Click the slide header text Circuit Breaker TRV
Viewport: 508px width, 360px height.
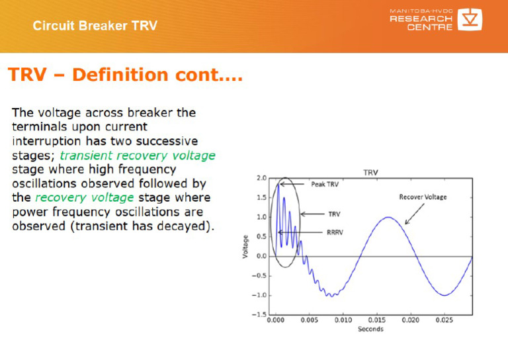(x=95, y=26)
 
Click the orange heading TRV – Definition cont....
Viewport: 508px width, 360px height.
(x=125, y=75)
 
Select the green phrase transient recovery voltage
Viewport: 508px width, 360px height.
(x=138, y=156)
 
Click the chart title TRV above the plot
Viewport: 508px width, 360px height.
(x=371, y=172)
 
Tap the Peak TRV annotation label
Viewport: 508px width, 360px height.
(x=324, y=185)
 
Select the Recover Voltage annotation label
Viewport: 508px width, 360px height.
(x=423, y=197)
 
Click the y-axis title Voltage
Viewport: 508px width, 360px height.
(x=245, y=246)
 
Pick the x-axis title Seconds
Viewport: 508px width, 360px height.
(x=370, y=329)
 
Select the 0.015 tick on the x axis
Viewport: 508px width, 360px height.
(x=376, y=320)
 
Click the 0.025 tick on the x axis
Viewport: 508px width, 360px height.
(x=444, y=320)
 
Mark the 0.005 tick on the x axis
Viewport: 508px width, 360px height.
(x=309, y=320)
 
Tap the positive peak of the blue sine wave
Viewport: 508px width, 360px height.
(x=389, y=218)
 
